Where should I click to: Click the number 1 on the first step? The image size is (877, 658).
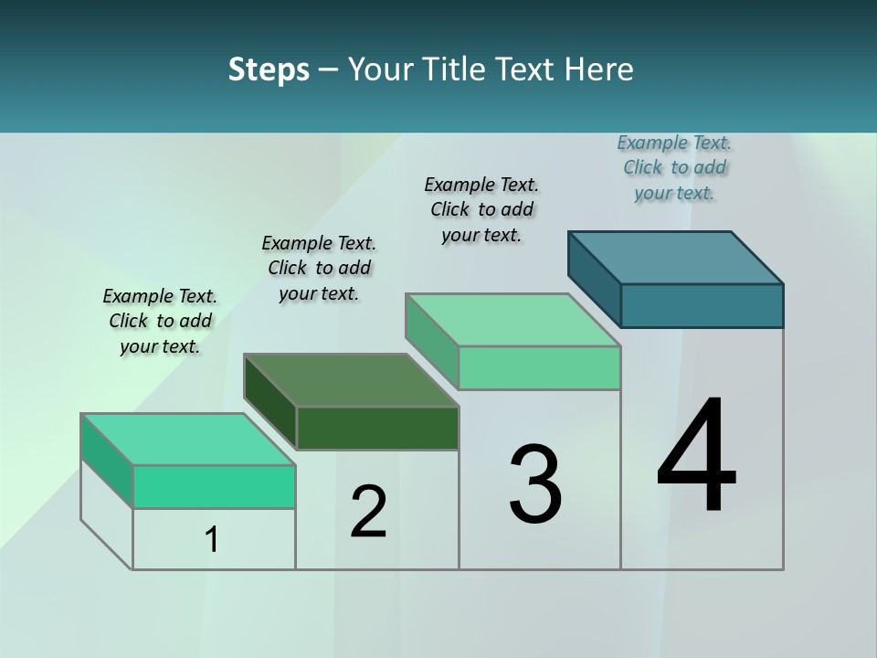[212, 540]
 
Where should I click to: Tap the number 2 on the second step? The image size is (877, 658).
[368, 511]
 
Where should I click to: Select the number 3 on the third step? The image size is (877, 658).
[535, 485]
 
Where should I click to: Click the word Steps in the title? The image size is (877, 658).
[269, 69]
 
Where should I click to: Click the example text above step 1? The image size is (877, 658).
[160, 321]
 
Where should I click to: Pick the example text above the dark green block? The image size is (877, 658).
[319, 268]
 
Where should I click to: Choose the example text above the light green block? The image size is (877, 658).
[481, 209]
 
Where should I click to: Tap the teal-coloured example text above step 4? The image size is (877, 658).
[674, 167]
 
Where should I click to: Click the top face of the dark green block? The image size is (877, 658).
[351, 380]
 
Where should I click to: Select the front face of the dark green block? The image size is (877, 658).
[377, 429]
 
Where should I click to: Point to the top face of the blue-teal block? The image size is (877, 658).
[676, 257]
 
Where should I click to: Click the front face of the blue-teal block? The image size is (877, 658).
[702, 305]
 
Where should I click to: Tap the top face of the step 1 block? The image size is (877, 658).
[188, 440]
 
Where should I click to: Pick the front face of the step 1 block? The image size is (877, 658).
[214, 486]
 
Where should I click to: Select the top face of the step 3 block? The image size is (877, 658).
[513, 320]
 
